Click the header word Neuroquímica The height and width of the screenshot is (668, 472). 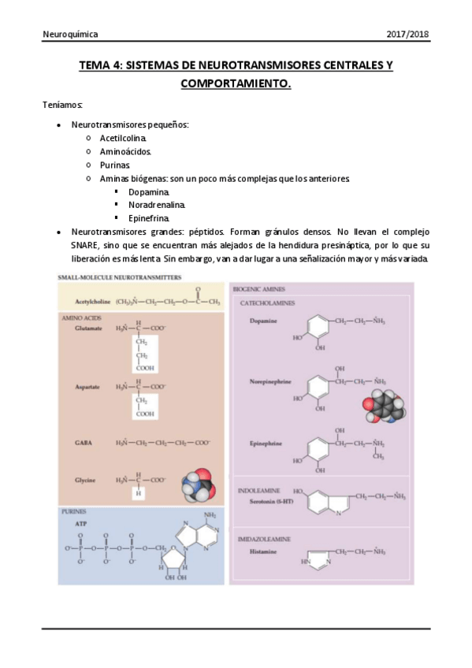click(70, 35)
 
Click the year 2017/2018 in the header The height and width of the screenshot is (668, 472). click(407, 35)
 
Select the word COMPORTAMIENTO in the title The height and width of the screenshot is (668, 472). click(236, 82)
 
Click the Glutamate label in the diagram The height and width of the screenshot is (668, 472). click(89, 328)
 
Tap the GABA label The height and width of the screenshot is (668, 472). click(84, 443)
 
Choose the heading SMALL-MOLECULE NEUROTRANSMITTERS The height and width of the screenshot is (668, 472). click(120, 277)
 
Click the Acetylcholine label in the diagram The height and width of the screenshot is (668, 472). click(93, 301)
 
